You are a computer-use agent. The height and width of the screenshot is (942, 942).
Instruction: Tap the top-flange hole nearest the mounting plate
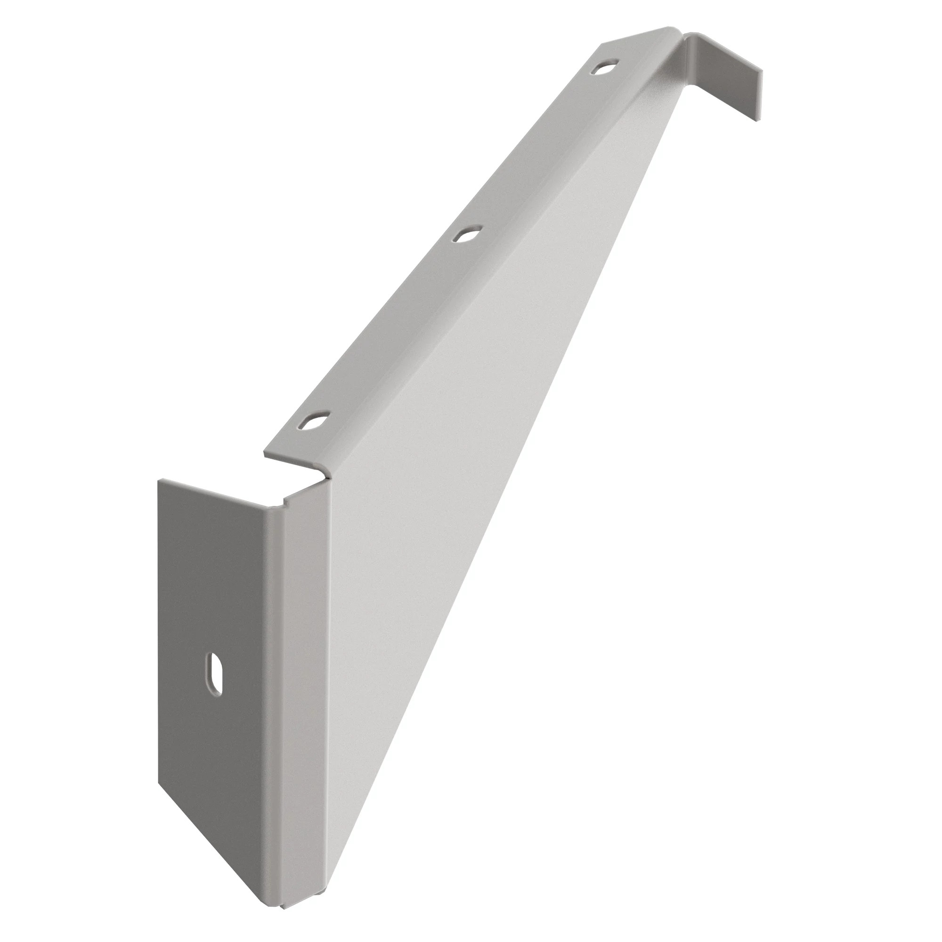tap(313, 420)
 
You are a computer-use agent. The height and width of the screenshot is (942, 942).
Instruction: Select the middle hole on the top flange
tap(465, 235)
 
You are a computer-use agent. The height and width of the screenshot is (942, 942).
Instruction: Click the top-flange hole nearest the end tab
tap(604, 67)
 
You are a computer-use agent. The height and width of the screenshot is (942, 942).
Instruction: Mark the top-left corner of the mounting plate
tap(158, 480)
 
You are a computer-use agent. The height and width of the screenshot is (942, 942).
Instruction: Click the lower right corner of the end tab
tap(757, 120)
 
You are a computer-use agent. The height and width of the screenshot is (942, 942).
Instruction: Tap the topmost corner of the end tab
tap(689, 33)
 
